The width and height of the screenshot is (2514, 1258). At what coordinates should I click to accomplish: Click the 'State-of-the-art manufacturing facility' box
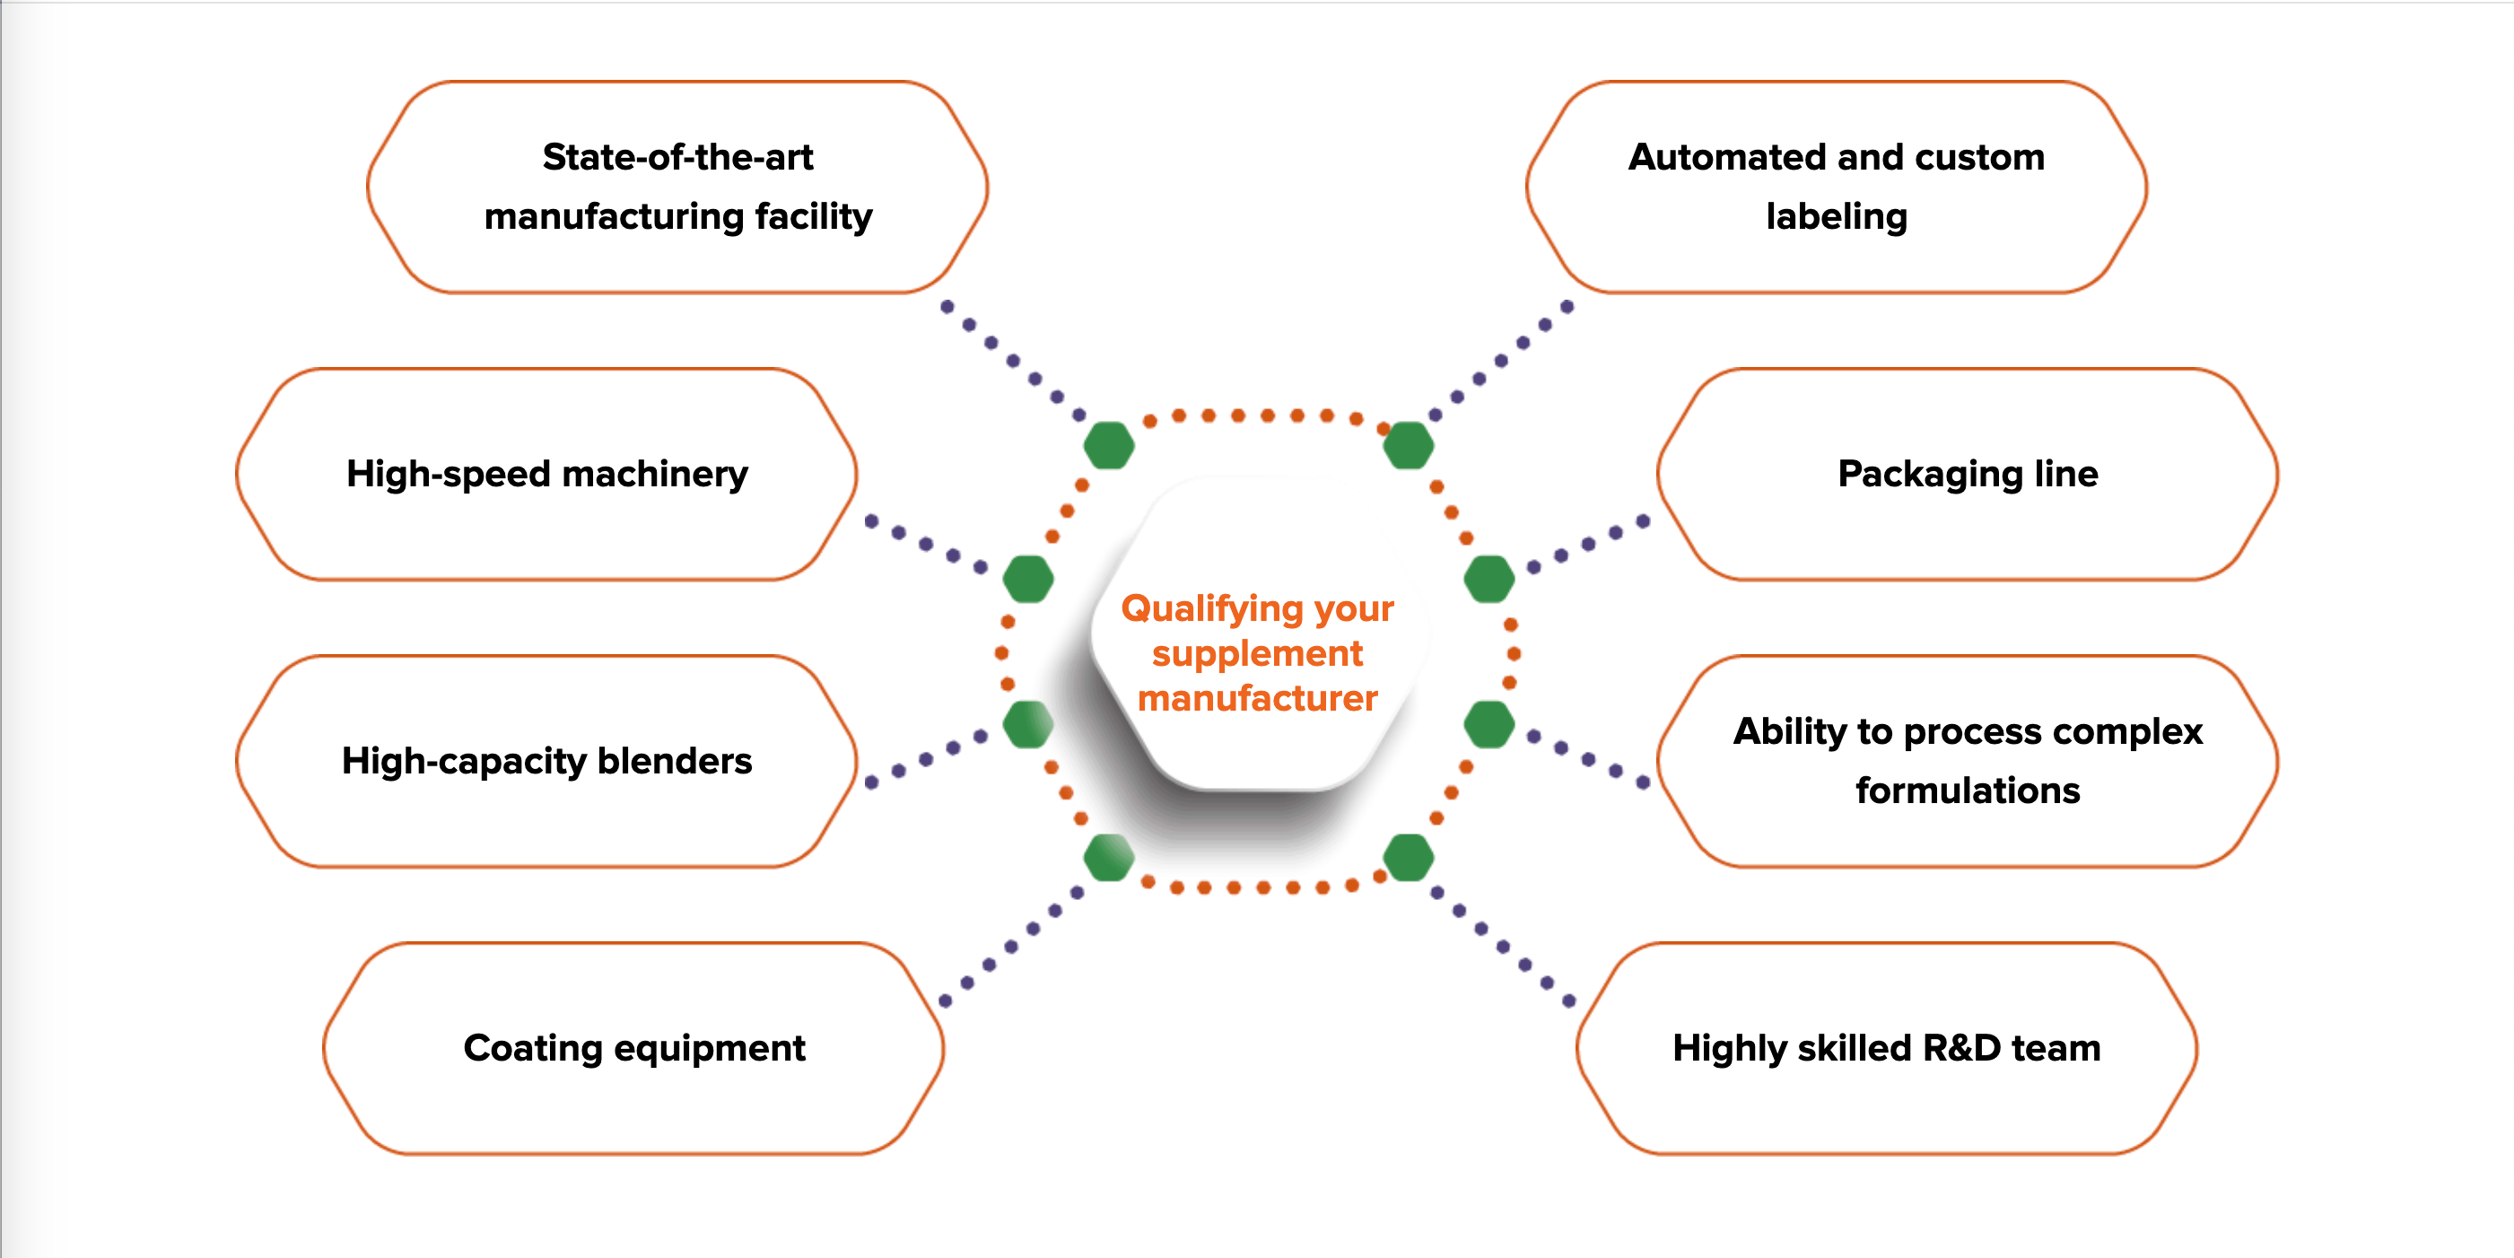677,187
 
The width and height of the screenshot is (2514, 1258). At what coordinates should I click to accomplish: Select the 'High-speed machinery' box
546,475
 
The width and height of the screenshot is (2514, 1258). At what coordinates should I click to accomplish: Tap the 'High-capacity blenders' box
546,761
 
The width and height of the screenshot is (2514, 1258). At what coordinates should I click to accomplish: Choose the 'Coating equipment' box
634,1048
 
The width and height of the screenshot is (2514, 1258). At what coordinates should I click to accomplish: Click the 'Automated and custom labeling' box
1836,187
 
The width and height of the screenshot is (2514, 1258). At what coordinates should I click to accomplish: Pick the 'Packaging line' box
1968,475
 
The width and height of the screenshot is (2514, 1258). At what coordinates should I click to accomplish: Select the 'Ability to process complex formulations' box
1968,761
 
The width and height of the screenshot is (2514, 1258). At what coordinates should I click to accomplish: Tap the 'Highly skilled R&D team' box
1886,1048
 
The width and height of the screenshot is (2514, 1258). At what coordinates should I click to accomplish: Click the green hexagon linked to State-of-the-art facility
1109,446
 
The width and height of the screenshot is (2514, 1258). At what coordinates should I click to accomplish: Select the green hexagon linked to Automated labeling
1409,446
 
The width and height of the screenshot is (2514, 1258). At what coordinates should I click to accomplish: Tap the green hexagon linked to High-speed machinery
1028,579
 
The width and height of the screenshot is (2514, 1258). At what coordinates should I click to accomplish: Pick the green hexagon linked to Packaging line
1489,579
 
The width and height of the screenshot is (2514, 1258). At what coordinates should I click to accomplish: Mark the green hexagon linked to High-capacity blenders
1028,724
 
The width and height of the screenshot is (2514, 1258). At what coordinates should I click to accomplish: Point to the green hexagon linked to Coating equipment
1109,858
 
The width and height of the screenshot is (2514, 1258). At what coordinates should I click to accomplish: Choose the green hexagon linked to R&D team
1409,858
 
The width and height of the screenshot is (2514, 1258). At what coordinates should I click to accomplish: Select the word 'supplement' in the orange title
1257,653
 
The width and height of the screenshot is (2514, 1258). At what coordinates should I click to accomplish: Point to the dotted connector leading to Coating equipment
1011,946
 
